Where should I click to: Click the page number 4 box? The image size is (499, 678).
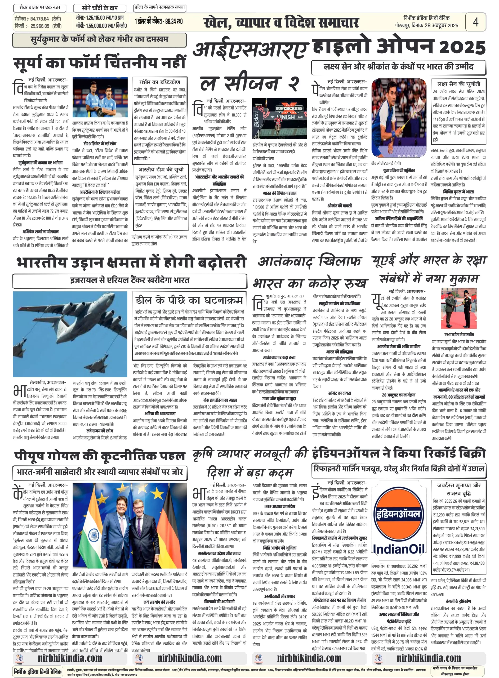tap(475, 22)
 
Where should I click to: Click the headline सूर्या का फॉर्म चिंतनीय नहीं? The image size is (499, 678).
tap(99, 63)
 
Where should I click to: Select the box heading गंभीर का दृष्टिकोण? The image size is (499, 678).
tap(159, 82)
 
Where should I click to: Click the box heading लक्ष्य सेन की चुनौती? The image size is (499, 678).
tap(458, 84)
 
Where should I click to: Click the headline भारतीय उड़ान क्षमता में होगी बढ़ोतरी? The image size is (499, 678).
tap(131, 262)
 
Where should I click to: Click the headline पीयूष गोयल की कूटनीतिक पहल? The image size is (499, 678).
tap(99, 456)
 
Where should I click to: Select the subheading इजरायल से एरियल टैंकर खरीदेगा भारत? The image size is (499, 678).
tap(130, 280)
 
